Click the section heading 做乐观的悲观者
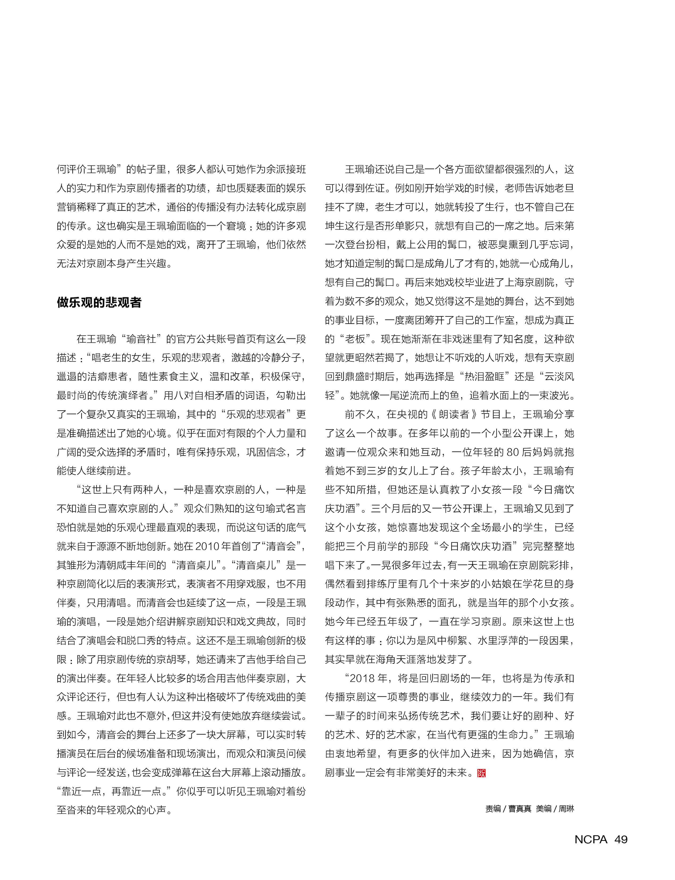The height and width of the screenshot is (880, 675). click(x=99, y=303)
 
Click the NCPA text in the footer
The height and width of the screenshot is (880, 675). click(x=591, y=839)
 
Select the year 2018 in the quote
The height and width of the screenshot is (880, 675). click(x=363, y=678)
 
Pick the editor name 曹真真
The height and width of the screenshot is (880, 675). click(x=519, y=808)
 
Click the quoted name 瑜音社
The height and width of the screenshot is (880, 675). click(x=141, y=339)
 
